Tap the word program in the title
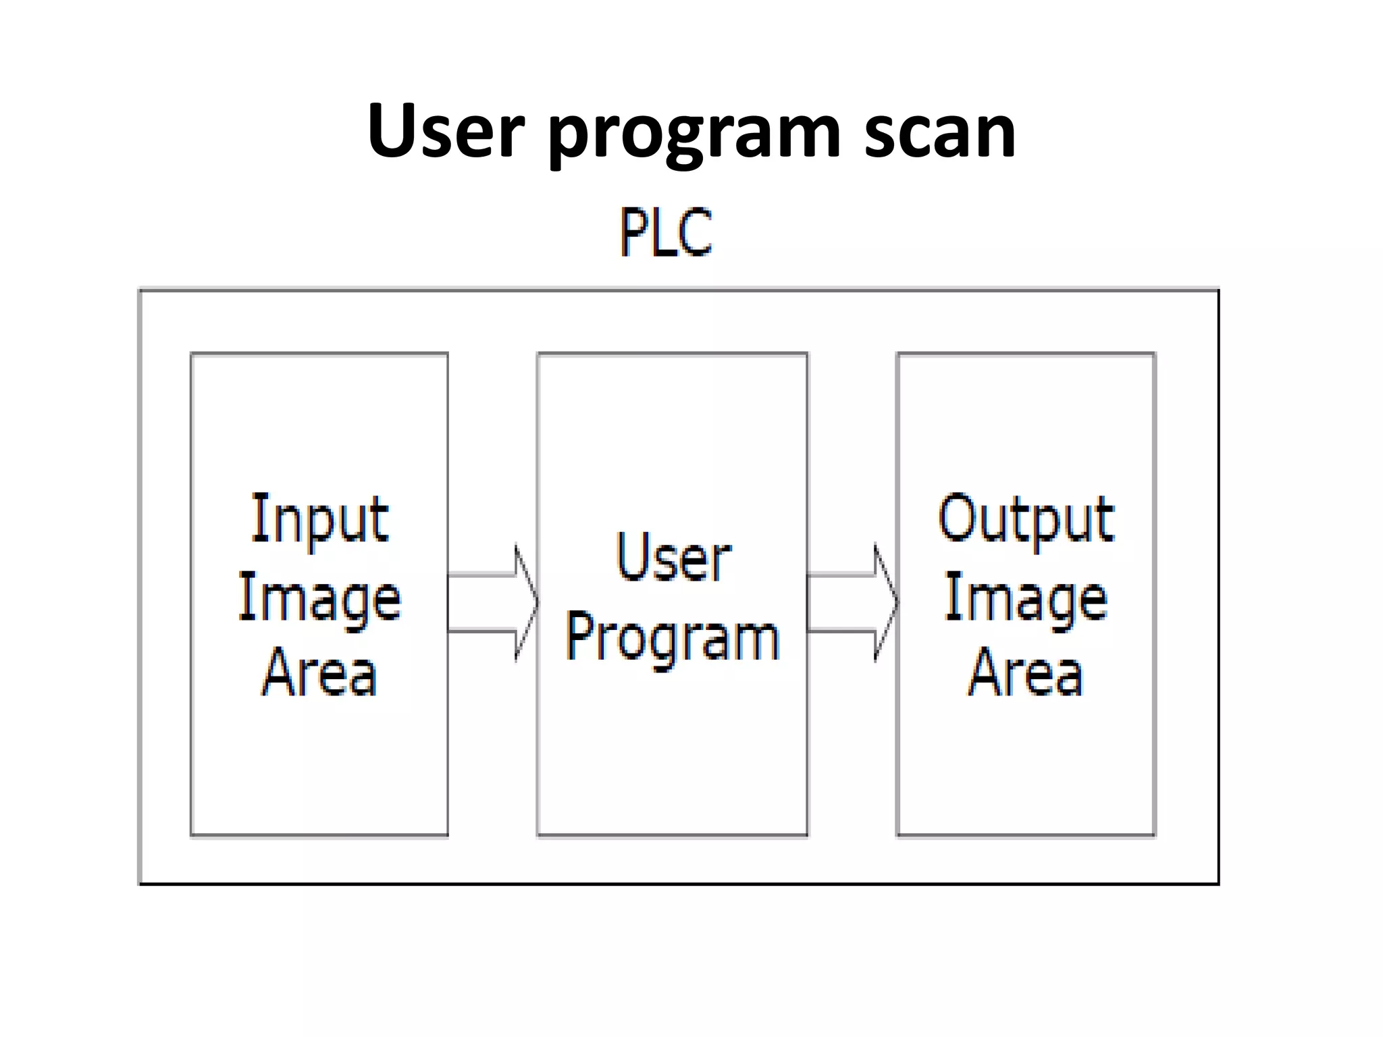pos(695,135)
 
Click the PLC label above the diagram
pos(666,232)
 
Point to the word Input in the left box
pos(319,520)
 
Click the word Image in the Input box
pos(319,598)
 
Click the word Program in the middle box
pos(673,638)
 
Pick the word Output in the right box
pos(1026,520)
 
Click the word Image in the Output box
pos(1026,598)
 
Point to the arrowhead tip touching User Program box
pos(537,603)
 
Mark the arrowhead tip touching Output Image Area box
pos(897,603)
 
